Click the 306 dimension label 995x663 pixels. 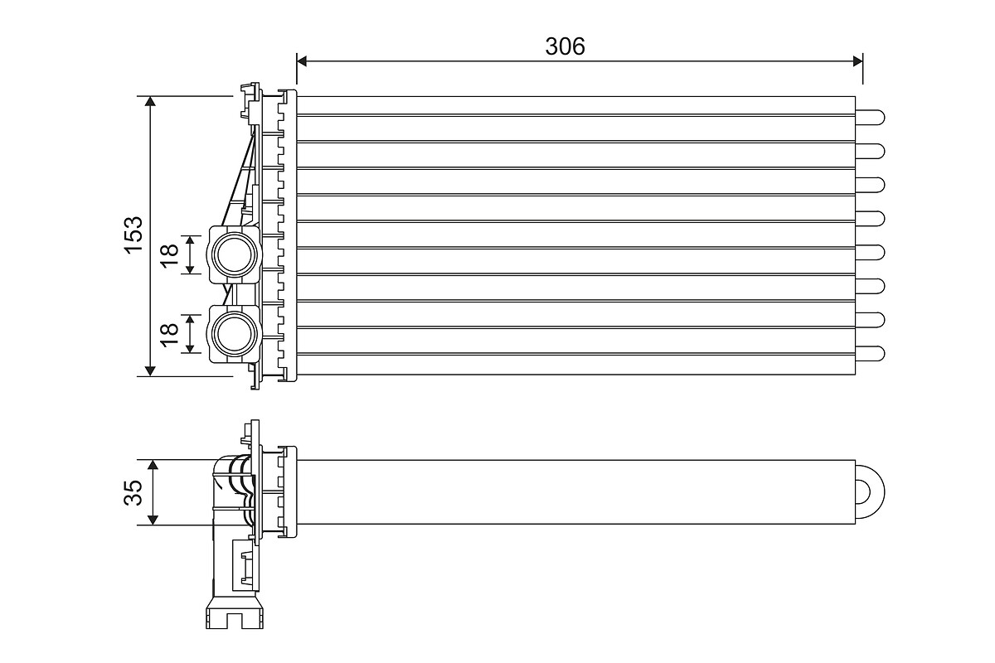[565, 46]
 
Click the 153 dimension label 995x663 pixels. [133, 235]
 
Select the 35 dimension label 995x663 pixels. [133, 492]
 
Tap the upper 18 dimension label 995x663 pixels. [169, 255]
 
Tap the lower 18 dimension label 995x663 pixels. [169, 335]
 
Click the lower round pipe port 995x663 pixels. [235, 333]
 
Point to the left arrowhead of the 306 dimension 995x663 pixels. [302, 61]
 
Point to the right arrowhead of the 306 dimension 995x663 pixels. [857, 61]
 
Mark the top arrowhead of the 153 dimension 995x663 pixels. [151, 101]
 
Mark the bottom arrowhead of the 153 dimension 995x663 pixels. [151, 370]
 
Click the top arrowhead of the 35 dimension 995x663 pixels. [153, 465]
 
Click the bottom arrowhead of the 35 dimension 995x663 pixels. [153, 520]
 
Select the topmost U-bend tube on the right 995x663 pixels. [870, 118]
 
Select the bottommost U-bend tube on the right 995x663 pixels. [870, 354]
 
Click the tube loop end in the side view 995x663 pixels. [870, 492]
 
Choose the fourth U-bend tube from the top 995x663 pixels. [870, 219]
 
